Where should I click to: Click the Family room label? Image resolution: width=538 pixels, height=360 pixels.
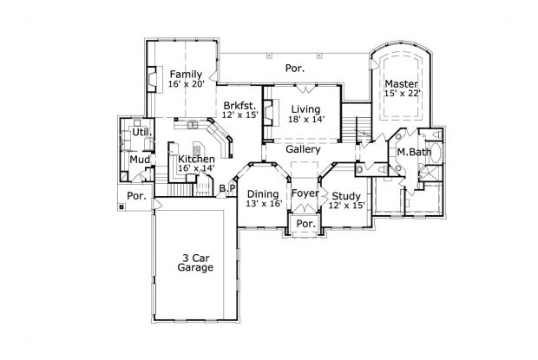(187, 75)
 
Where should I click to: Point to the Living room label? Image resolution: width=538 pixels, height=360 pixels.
(306, 108)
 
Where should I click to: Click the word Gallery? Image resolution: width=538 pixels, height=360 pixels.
(304, 150)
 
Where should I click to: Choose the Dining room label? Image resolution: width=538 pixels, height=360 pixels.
(263, 194)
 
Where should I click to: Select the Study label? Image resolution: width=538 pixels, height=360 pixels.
(345, 195)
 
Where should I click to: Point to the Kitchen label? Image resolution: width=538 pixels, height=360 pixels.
(196, 160)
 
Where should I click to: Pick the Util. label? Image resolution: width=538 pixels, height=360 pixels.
(141, 133)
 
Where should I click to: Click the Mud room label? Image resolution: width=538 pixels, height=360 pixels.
(139, 160)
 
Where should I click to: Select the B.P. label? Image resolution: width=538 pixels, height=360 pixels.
(227, 188)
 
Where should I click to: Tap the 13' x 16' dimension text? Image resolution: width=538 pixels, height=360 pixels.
(263, 205)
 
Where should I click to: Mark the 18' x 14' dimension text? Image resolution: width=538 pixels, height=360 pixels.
(306, 120)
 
